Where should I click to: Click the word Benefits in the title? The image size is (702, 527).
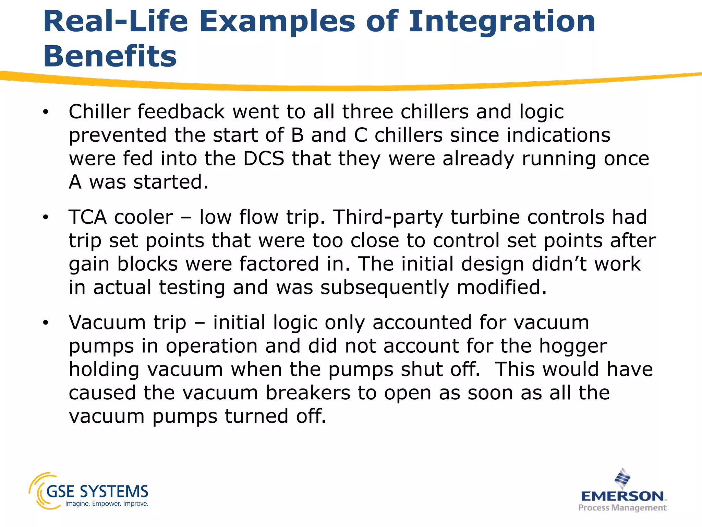110,57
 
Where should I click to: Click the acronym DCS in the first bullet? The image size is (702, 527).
264,159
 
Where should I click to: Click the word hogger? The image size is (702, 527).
573,346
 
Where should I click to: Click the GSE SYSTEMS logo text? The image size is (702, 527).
97,491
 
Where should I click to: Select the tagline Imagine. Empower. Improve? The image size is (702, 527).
107,504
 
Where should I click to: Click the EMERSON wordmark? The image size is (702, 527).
622,496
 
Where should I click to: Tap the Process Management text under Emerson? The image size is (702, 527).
622,508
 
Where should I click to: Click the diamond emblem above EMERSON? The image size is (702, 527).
622,478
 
